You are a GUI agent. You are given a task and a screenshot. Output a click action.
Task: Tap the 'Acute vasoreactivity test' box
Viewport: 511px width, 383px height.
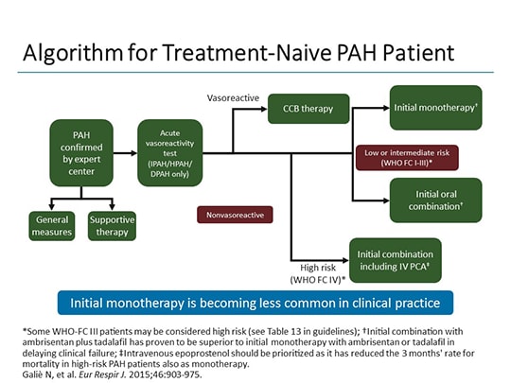tap(170, 151)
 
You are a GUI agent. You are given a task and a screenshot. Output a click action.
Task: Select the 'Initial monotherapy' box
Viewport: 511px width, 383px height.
tap(435, 108)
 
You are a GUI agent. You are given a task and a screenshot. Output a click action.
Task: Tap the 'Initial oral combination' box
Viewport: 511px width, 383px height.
tap(435, 199)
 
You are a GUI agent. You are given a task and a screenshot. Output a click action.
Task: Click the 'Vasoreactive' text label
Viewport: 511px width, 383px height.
tap(232, 97)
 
